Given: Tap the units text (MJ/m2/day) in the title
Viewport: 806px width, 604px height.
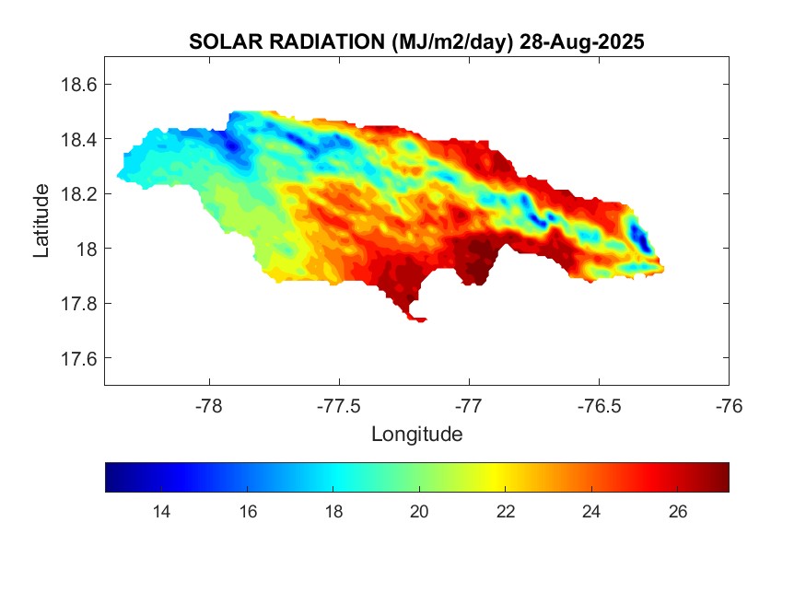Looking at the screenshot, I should [451, 42].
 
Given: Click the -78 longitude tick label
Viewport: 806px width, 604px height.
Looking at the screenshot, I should [209, 405].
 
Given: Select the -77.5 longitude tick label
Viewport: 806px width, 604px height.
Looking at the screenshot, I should [339, 405].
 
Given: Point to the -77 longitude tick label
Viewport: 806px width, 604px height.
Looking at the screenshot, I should [469, 405].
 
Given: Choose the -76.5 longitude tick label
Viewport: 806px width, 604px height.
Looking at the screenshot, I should [599, 405].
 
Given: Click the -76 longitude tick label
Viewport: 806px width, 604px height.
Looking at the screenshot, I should [729, 405].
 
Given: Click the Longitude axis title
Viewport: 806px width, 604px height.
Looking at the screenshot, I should [416, 434].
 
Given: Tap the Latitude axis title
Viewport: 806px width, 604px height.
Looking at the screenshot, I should [41, 221].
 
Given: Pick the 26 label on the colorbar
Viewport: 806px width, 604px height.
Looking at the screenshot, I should [678, 512].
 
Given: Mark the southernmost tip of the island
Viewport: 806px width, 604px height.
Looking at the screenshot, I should [419, 320].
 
